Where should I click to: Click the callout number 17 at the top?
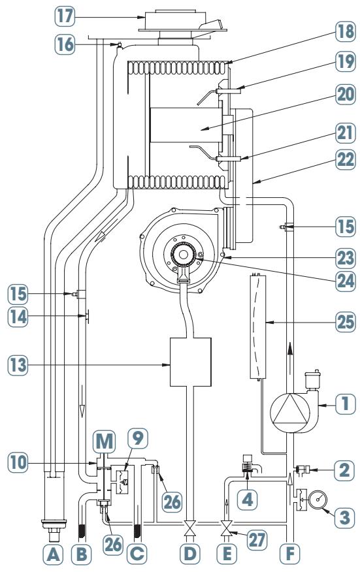(65, 17)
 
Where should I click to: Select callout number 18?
(346, 31)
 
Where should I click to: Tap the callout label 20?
(346, 95)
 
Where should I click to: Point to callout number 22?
(346, 159)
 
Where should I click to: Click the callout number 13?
(18, 365)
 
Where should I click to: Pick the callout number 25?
(346, 322)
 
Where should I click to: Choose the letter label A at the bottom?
(53, 554)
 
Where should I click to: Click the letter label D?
(190, 554)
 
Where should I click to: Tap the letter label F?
(290, 554)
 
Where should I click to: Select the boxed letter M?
(104, 441)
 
